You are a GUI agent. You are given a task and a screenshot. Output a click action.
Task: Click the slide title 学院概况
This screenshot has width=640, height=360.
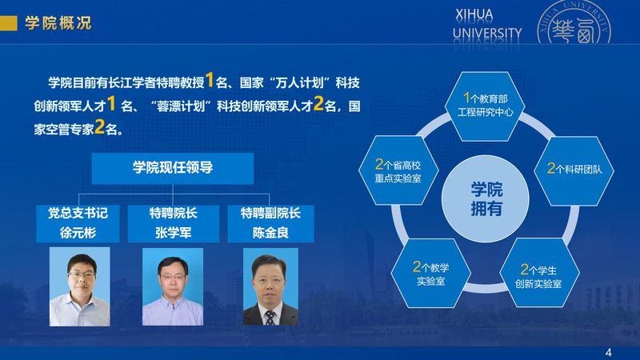58,23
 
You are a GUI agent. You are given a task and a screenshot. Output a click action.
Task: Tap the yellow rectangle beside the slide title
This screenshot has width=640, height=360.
9,23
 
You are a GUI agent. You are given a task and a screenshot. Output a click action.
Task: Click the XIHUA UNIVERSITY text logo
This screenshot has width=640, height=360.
487,25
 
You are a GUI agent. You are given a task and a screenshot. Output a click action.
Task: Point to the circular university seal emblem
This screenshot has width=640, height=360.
574,23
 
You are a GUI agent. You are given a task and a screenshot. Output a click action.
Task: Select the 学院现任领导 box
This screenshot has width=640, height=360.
173,168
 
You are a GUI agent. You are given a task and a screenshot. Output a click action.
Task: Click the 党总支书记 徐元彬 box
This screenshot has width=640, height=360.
78,224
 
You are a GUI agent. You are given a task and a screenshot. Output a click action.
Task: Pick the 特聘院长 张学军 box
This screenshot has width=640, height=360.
174,224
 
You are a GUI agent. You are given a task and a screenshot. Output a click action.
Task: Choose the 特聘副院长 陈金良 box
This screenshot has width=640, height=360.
270,224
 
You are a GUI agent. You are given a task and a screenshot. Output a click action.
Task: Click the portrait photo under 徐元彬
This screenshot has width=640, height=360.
79,286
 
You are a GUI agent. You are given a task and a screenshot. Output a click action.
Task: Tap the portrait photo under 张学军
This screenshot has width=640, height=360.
173,286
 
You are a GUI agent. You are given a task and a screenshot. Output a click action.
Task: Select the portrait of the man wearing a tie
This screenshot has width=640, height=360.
270,286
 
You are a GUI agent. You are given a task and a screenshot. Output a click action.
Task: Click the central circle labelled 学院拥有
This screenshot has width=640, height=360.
486,198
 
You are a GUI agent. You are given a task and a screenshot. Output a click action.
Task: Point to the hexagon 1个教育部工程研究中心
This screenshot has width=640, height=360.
485,106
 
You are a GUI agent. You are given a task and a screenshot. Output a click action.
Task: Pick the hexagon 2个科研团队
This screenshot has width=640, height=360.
574,170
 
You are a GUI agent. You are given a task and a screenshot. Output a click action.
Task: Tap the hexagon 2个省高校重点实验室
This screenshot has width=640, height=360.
398,170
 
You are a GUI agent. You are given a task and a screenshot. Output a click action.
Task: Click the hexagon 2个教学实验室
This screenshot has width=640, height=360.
431,273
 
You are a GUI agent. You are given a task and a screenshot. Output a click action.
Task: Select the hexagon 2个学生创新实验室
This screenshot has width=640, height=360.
539,273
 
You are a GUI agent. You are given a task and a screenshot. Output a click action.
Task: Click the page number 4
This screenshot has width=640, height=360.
609,353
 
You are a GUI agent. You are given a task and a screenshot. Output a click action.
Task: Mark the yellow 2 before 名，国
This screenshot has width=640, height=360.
318,103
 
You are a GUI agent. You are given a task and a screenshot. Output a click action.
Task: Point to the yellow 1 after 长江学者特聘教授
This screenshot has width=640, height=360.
210,80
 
